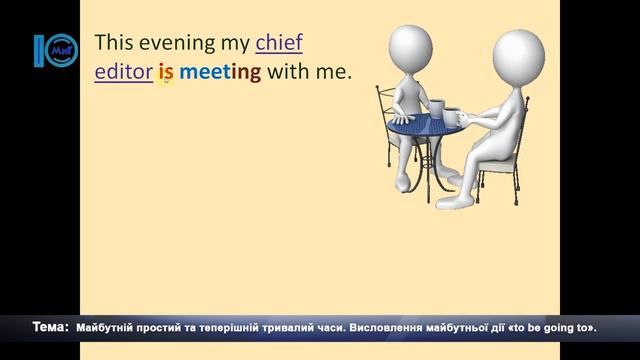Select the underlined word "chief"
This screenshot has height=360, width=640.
[279, 44]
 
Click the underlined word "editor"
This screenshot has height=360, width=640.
[123, 72]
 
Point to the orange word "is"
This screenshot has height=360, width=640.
[166, 72]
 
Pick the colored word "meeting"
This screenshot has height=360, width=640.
[221, 72]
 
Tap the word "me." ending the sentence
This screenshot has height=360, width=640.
[337, 72]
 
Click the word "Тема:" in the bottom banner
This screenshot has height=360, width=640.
[50, 327]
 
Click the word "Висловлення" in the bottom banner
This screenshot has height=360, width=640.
[397, 327]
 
